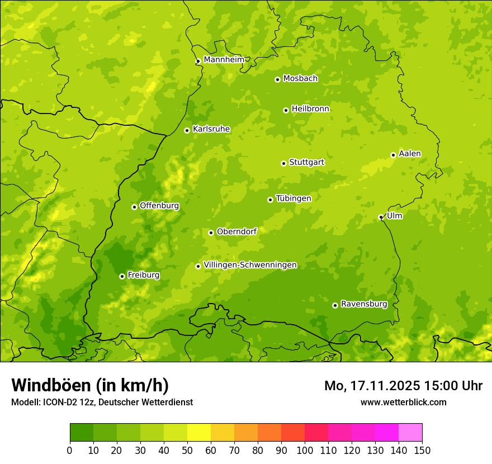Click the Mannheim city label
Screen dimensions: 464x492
pos(224,60)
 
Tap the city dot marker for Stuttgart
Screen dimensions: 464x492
pos(283,163)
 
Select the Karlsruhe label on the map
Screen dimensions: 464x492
pos(211,129)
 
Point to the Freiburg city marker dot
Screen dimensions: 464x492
pos(122,276)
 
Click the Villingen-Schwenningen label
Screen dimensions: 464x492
pos(250,265)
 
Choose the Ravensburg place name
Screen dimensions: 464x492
pos(364,304)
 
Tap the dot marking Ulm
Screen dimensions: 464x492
pos(381,217)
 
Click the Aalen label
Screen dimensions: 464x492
pos(410,154)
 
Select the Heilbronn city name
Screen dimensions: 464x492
pos(310,109)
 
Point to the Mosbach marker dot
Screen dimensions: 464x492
pos(277,79)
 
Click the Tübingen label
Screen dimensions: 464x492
pos(294,198)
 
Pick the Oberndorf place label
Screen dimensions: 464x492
pos(236,231)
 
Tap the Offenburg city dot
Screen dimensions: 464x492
pos(134,207)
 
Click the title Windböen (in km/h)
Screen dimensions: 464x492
pos(90,385)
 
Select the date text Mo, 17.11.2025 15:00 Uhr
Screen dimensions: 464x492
pos(403,386)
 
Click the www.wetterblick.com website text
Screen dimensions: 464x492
pos(403,402)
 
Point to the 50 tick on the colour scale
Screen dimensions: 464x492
pos(187,450)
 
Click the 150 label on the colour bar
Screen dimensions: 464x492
pos(422,450)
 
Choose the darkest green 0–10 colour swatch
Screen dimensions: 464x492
pos(81,433)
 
